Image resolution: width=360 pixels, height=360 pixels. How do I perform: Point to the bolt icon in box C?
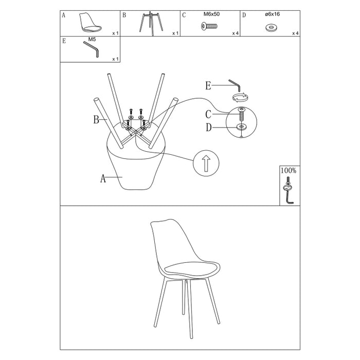[211, 26]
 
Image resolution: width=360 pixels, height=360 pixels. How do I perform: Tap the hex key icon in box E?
[91, 50]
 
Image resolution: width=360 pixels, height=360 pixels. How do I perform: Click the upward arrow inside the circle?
[206, 164]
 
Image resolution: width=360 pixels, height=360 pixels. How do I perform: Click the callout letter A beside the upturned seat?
[103, 179]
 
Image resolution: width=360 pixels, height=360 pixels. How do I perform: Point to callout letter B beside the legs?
[96, 120]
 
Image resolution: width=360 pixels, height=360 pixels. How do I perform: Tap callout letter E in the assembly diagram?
[208, 86]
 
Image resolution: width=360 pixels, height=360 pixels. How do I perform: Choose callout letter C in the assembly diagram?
[208, 114]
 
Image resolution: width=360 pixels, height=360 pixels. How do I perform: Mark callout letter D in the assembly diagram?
[208, 128]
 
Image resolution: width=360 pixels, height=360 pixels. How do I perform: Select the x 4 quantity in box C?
[235, 33]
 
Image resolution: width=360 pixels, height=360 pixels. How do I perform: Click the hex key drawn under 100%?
[288, 196]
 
